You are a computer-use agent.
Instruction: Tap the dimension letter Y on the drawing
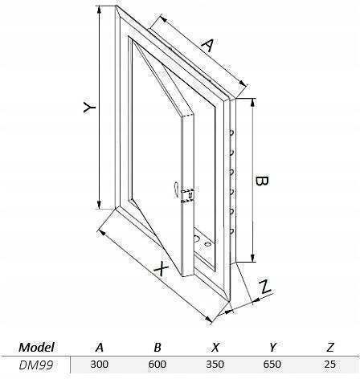point(89,108)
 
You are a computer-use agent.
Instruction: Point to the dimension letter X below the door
point(162,269)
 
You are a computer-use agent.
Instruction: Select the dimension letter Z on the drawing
point(265,287)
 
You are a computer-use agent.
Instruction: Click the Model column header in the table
point(36,347)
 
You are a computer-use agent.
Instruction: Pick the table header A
point(100,347)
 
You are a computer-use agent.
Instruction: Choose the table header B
point(157,347)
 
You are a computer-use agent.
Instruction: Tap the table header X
point(215,347)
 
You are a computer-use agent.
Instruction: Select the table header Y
point(272,347)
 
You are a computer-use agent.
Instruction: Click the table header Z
point(330,347)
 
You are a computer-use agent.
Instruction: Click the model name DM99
point(36,365)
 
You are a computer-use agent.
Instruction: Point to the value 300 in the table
point(100,365)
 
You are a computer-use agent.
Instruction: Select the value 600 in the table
point(157,365)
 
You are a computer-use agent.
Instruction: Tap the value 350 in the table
point(215,365)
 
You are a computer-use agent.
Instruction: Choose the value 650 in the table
point(272,365)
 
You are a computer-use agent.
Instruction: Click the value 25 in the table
point(330,365)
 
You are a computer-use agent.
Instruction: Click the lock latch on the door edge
point(187,195)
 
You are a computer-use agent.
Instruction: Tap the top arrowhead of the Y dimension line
point(100,9)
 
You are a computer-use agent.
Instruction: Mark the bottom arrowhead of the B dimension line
point(252,258)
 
